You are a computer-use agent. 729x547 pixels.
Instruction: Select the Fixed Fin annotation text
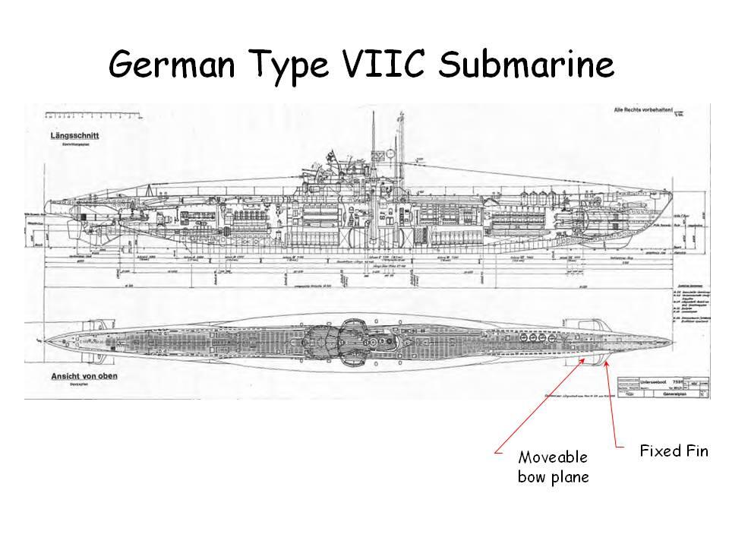674,451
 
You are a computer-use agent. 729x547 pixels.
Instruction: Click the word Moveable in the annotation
553,457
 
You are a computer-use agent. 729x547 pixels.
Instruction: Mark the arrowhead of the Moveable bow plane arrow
585,360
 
